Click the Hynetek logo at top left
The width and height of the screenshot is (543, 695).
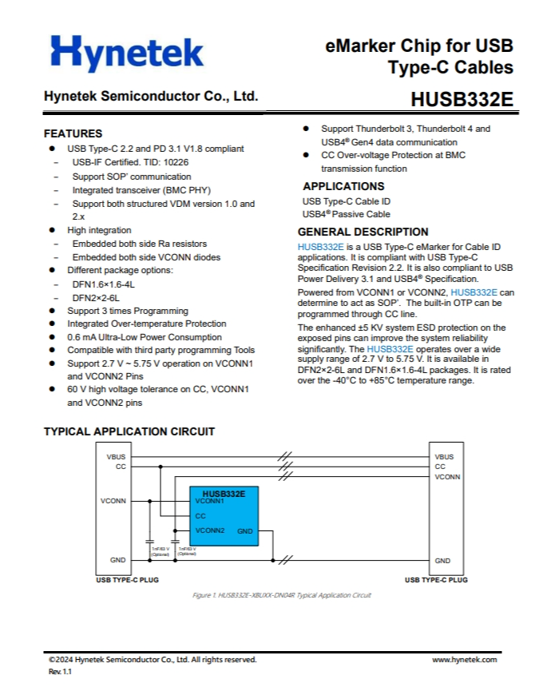click(x=127, y=54)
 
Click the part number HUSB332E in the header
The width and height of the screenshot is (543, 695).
click(x=462, y=101)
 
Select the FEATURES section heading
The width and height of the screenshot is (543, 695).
click(x=73, y=133)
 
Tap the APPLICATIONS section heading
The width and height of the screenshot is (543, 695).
click(x=344, y=186)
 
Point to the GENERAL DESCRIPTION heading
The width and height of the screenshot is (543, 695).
click(x=363, y=232)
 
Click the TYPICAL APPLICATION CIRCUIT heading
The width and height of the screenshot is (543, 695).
click(x=129, y=431)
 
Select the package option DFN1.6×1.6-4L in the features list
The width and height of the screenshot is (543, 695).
click(x=104, y=284)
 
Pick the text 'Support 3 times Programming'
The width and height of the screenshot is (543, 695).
click(x=128, y=311)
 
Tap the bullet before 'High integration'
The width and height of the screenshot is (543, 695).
click(x=52, y=230)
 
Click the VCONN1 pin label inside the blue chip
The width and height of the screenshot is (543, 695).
click(x=210, y=501)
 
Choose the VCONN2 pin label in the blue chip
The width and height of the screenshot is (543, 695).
click(x=210, y=530)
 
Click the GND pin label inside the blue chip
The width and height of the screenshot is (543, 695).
click(x=245, y=531)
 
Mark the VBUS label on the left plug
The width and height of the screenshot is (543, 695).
click(x=116, y=457)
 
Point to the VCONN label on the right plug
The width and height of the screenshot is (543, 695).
click(x=447, y=476)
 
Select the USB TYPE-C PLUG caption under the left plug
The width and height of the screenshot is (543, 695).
click(x=127, y=580)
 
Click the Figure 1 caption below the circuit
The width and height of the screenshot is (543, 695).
click(x=282, y=595)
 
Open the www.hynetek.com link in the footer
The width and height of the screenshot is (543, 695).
click(x=465, y=660)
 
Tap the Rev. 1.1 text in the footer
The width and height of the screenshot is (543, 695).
click(x=61, y=673)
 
